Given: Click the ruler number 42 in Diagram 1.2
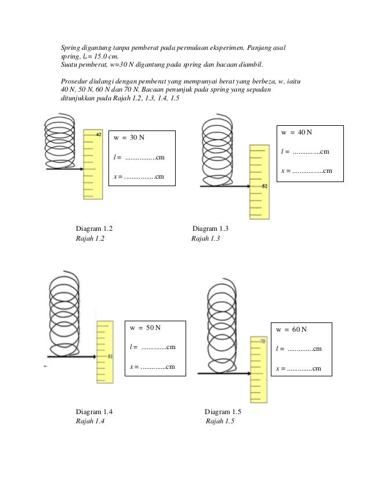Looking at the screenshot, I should coord(99,135).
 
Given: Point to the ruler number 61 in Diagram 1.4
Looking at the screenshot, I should coord(110,357).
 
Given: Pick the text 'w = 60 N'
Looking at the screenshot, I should coord(292,329).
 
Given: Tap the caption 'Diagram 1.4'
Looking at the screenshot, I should coord(95,412).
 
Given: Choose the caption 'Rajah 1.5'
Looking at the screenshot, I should coord(220,422).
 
